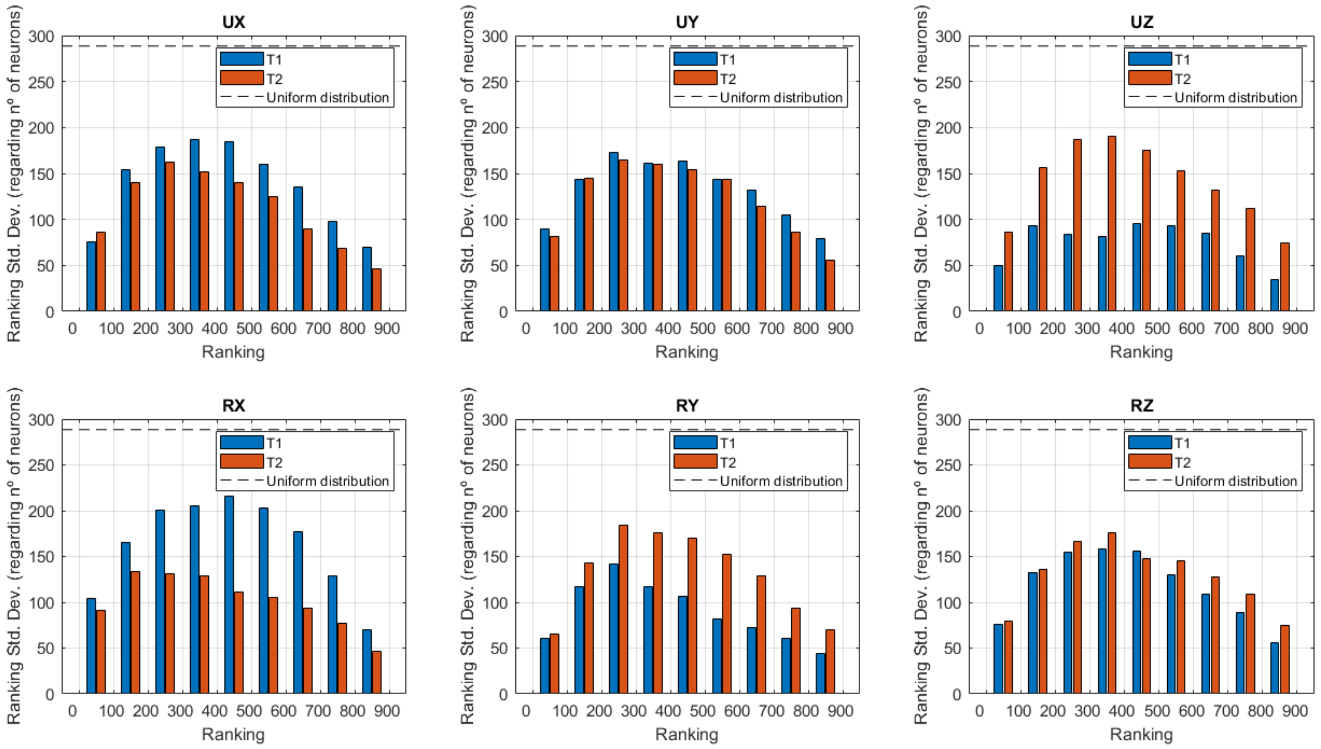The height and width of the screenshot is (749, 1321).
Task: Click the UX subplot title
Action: coord(234,22)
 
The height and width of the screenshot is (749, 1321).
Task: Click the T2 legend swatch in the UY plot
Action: coord(695,78)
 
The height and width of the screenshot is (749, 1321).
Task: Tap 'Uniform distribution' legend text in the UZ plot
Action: coord(1235,97)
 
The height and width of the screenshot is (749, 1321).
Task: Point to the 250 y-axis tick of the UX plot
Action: coord(41,82)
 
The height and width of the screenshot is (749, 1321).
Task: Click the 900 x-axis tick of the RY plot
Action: coord(840,711)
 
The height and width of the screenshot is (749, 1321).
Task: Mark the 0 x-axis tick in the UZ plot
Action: coord(979,328)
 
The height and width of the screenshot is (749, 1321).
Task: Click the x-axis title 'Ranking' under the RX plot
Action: coord(233,734)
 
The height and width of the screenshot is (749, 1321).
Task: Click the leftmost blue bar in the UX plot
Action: coord(91,276)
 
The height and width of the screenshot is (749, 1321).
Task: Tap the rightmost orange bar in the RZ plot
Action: coord(1285,660)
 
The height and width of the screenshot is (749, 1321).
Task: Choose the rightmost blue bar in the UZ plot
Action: coord(1274,295)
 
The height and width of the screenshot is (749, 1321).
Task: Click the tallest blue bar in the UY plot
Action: coord(613,231)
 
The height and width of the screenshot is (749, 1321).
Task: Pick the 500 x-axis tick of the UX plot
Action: coord(248,328)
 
